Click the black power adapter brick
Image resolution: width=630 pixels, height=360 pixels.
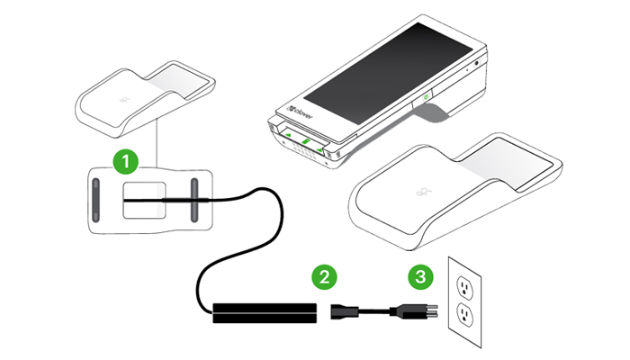265,311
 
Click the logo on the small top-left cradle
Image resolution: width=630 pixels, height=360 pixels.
122,94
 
